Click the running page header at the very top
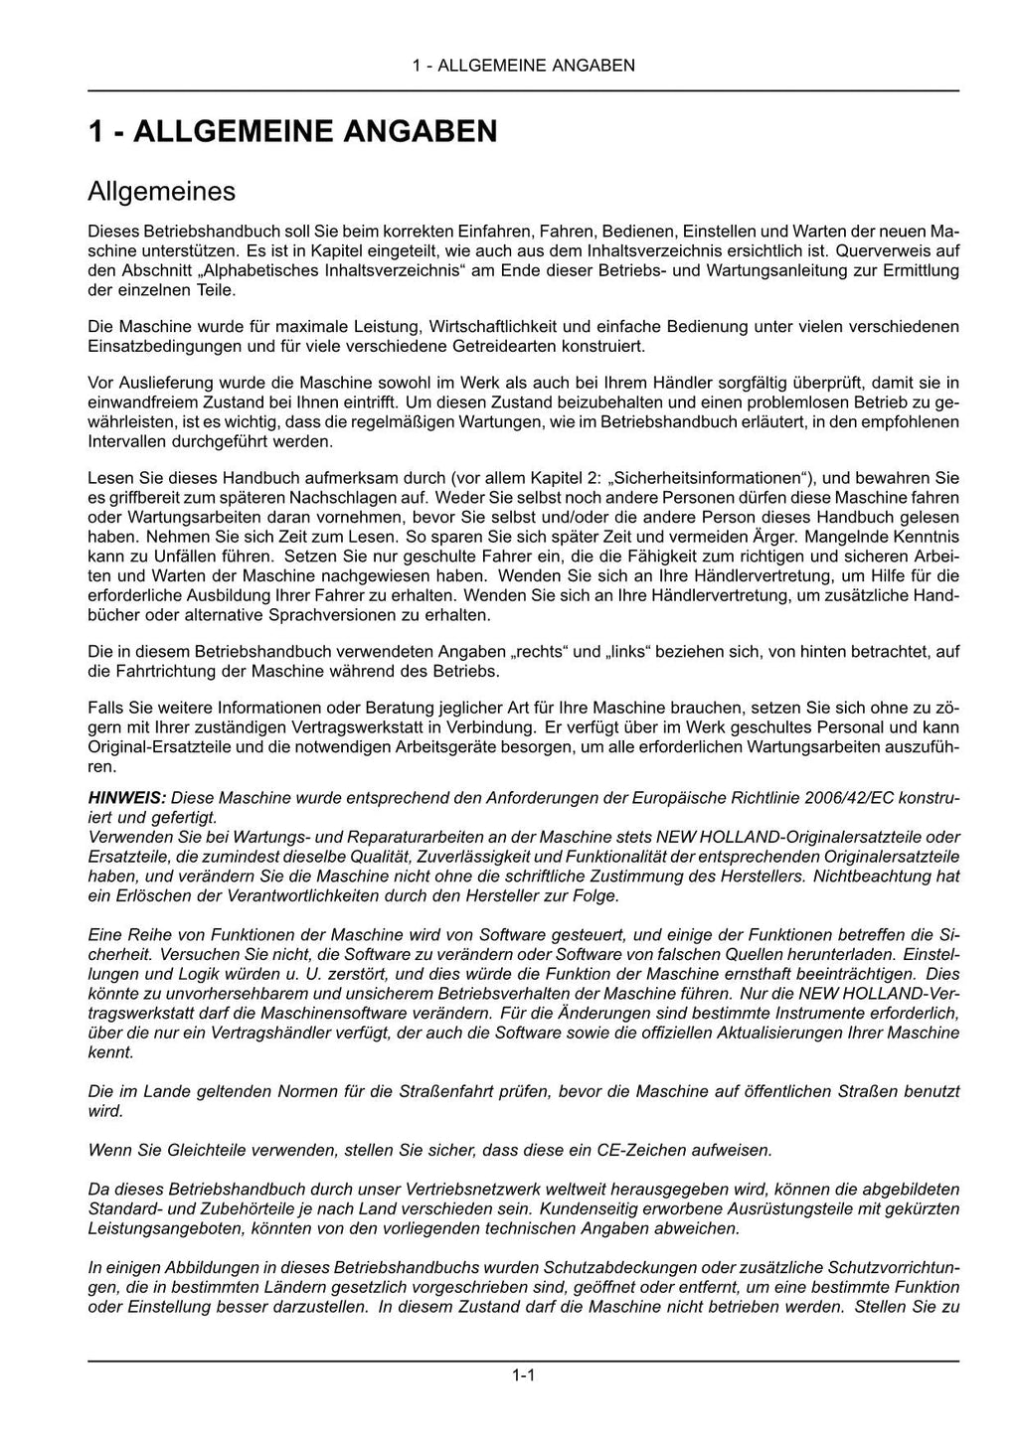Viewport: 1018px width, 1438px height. click(523, 66)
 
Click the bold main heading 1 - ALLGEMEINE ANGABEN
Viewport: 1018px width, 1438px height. click(292, 131)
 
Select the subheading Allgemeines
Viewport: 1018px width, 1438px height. click(161, 190)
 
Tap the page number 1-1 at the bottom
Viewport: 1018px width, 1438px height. click(524, 1375)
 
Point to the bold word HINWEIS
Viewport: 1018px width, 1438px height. click(125, 799)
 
